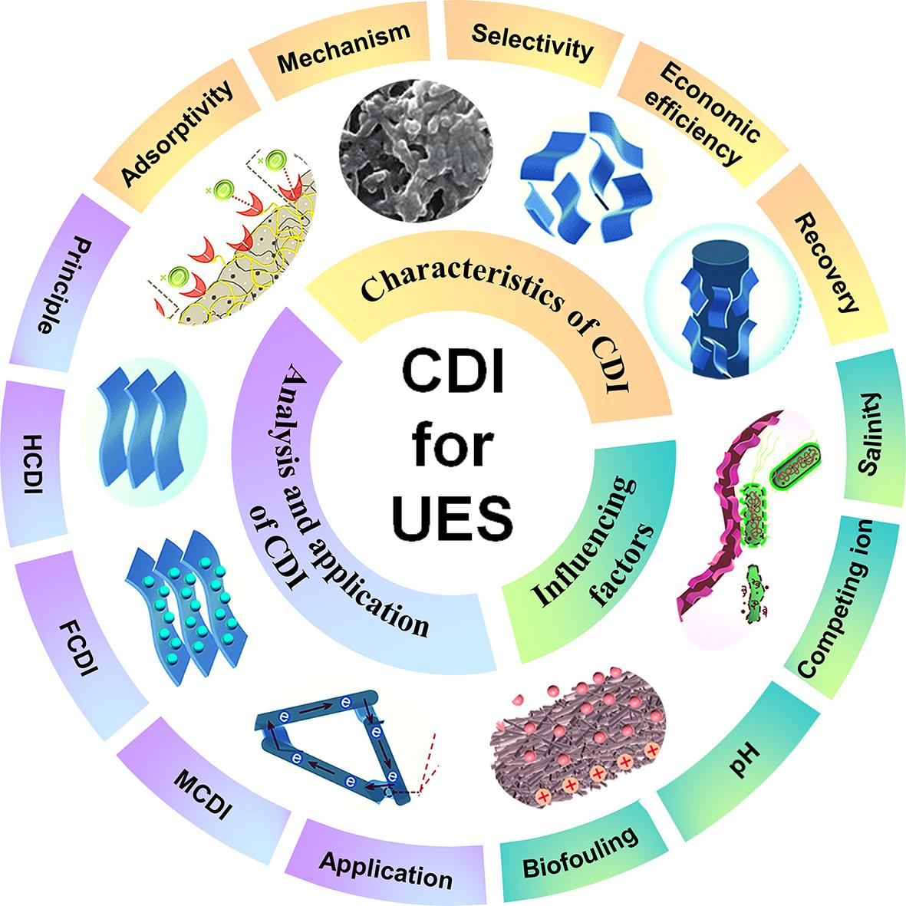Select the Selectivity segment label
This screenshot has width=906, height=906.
(x=532, y=42)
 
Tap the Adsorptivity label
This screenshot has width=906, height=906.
(x=177, y=135)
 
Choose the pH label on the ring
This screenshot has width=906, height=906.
(x=743, y=763)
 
